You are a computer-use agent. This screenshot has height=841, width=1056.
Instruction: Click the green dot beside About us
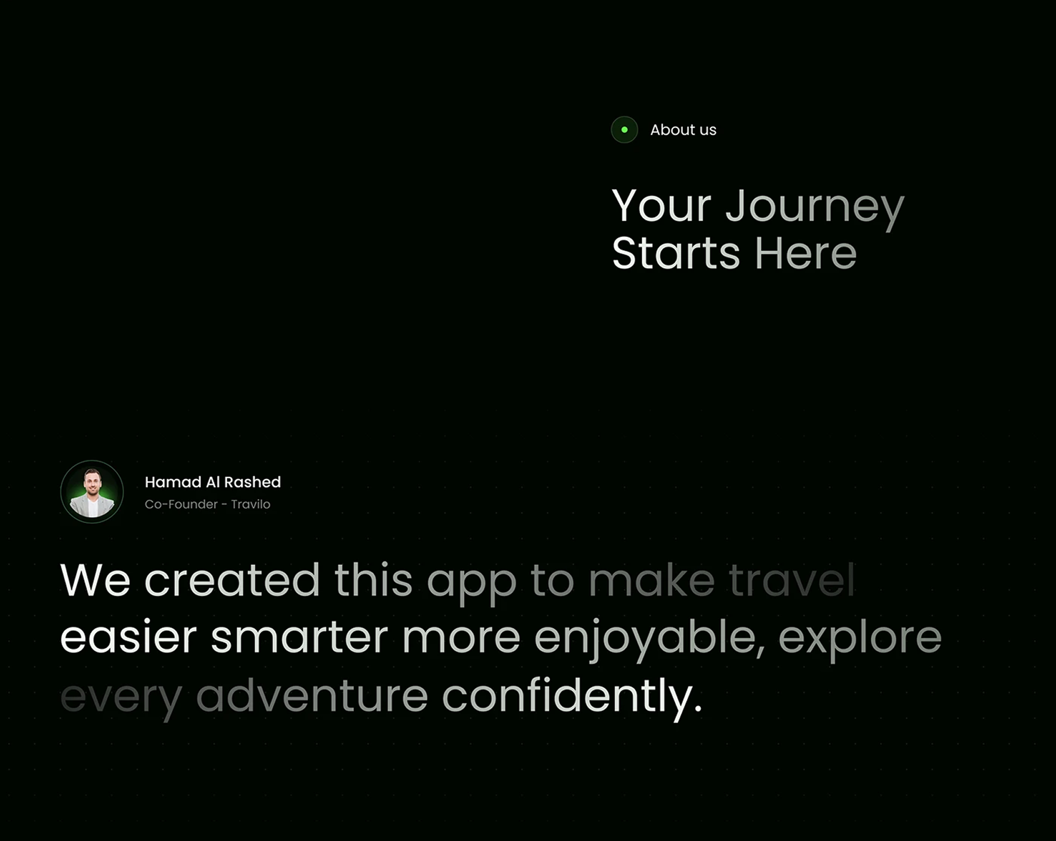click(624, 129)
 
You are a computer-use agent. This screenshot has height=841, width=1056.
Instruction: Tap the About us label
click(683, 130)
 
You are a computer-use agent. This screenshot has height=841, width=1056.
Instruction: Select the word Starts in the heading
click(676, 253)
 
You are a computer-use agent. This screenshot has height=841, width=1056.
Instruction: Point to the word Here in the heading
click(805, 253)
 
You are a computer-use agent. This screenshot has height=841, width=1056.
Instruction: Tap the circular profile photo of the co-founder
click(92, 492)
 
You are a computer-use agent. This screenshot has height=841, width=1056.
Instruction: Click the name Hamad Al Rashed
click(212, 482)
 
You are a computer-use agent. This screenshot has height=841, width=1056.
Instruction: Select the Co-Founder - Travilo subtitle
click(207, 504)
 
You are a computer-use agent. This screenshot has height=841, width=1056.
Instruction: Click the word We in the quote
click(95, 580)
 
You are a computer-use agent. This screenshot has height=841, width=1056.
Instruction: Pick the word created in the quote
click(232, 580)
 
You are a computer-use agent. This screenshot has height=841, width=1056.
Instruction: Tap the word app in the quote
click(471, 584)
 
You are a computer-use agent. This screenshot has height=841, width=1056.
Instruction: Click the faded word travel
click(791, 580)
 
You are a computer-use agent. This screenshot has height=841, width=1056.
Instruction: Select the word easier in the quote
click(128, 637)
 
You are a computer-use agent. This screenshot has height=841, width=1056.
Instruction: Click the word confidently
click(572, 698)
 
